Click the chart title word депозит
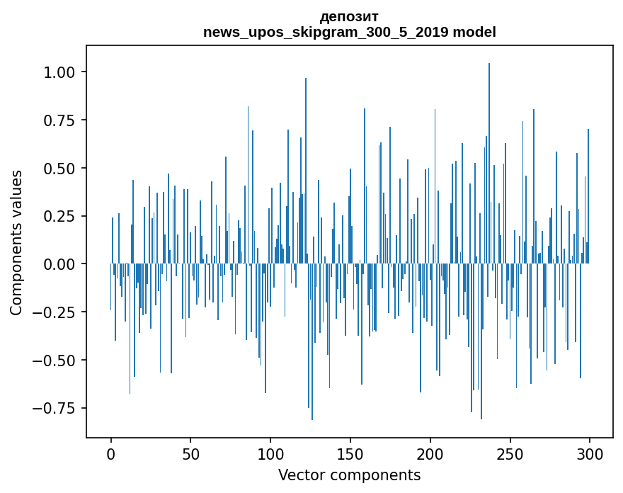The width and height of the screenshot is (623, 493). (x=349, y=16)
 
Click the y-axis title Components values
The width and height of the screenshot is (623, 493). (x=16, y=242)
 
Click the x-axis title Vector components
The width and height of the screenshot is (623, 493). (x=349, y=475)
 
